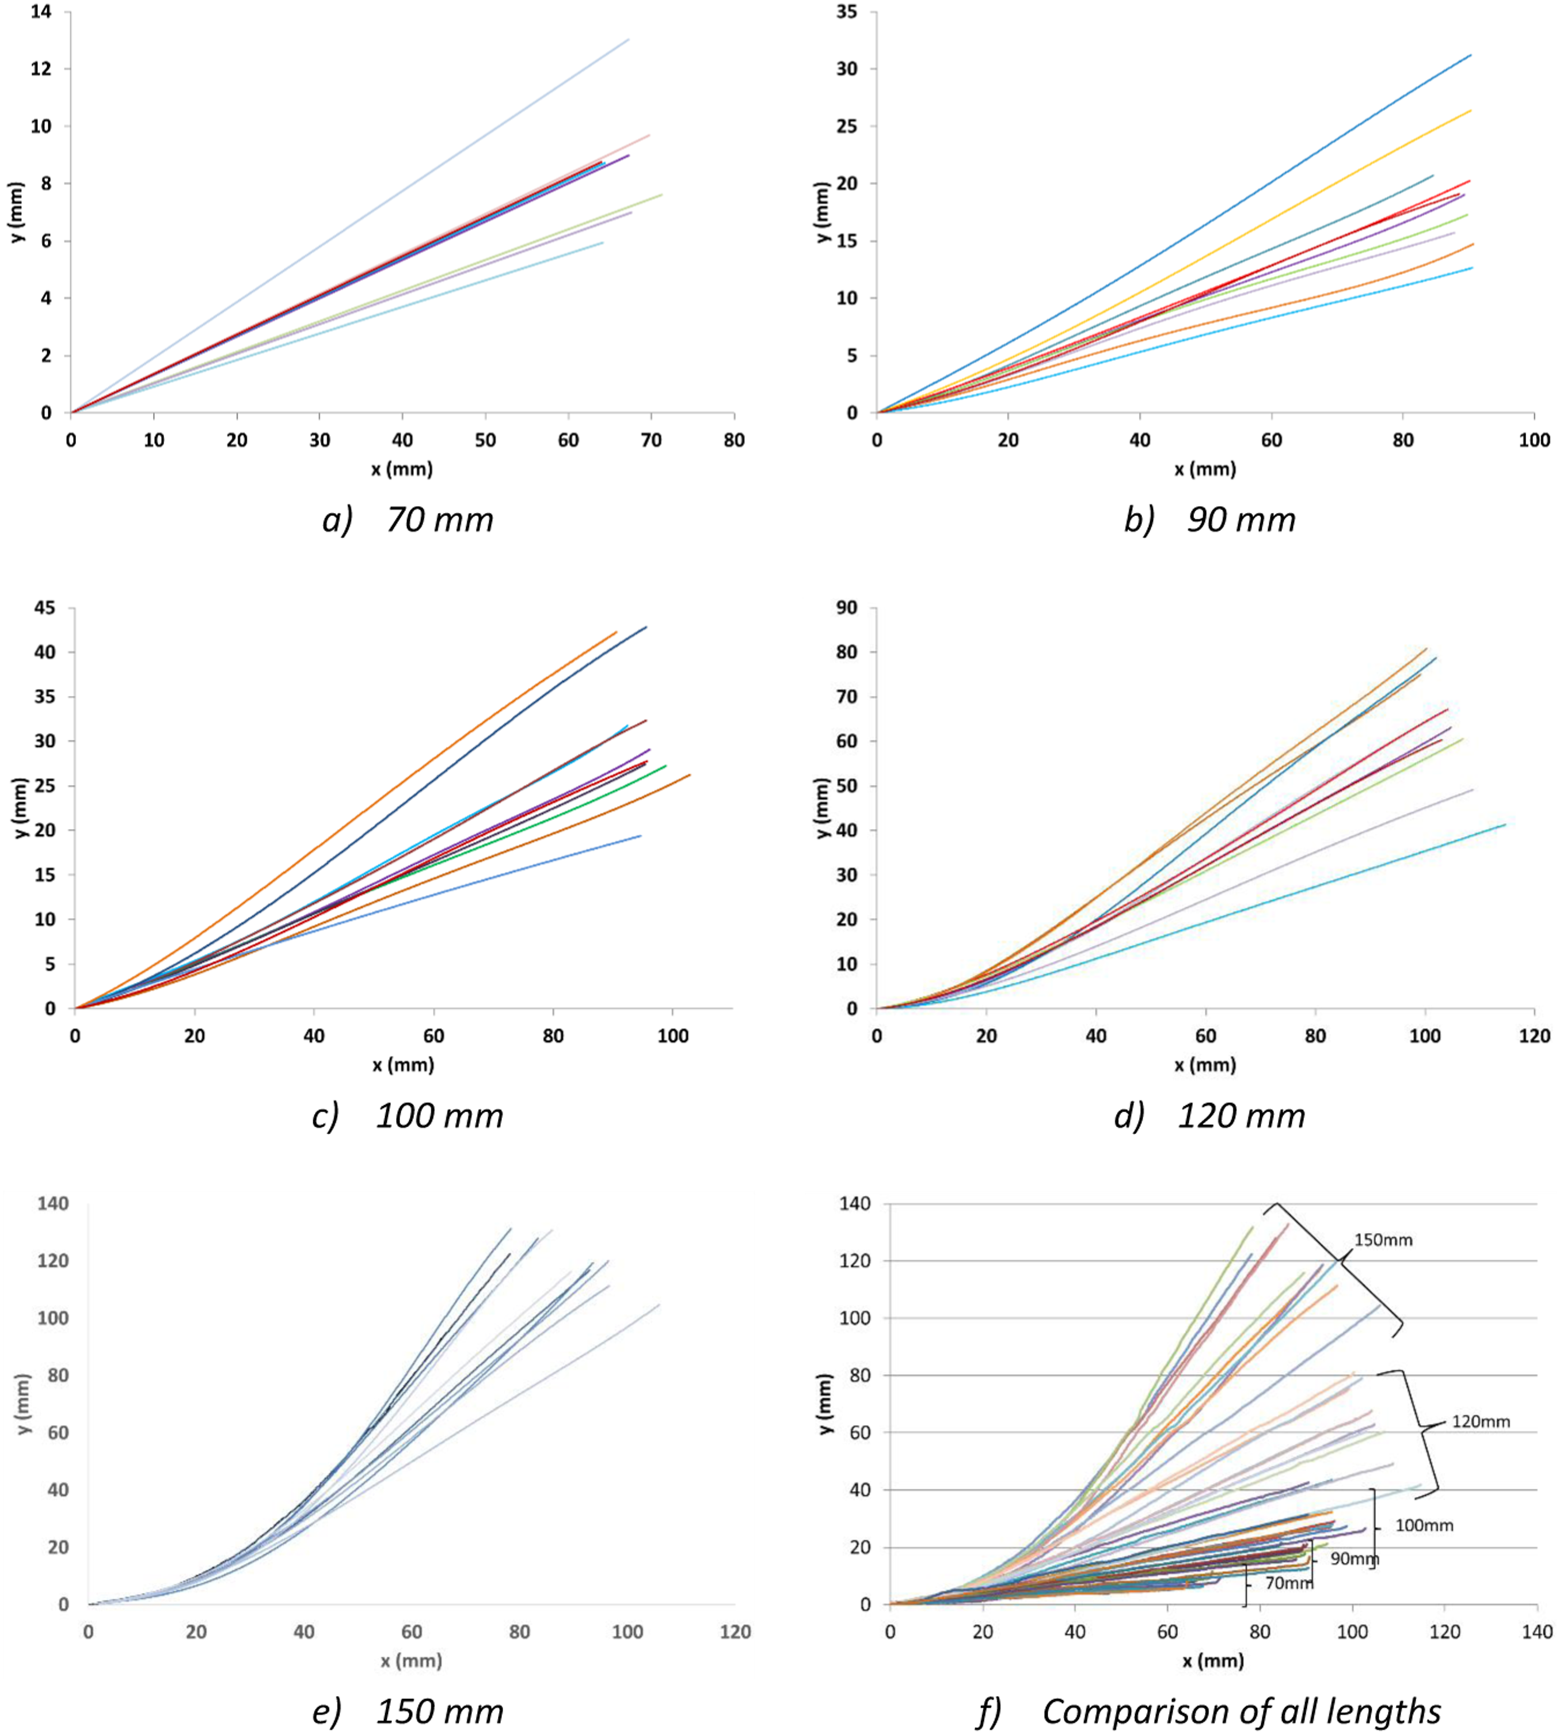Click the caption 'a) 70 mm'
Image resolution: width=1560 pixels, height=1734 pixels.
(x=408, y=519)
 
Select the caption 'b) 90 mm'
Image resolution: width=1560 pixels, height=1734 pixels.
(x=1209, y=519)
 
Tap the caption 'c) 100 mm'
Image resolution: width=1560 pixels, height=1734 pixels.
(x=408, y=1115)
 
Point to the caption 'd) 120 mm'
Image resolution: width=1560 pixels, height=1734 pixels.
(x=1209, y=1115)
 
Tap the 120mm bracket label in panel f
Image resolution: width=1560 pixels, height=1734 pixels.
(x=1481, y=1421)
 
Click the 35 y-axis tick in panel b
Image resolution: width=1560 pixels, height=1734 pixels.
(x=847, y=12)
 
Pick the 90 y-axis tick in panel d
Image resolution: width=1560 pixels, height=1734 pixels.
(x=847, y=608)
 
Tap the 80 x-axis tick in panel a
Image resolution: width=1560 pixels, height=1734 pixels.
(x=734, y=440)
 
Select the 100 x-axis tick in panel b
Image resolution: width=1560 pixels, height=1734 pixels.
(x=1534, y=440)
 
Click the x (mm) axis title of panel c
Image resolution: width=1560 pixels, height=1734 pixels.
(x=403, y=1066)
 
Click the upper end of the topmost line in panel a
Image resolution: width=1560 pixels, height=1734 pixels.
(x=629, y=39)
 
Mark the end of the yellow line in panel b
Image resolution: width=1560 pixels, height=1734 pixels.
(x=1471, y=111)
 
